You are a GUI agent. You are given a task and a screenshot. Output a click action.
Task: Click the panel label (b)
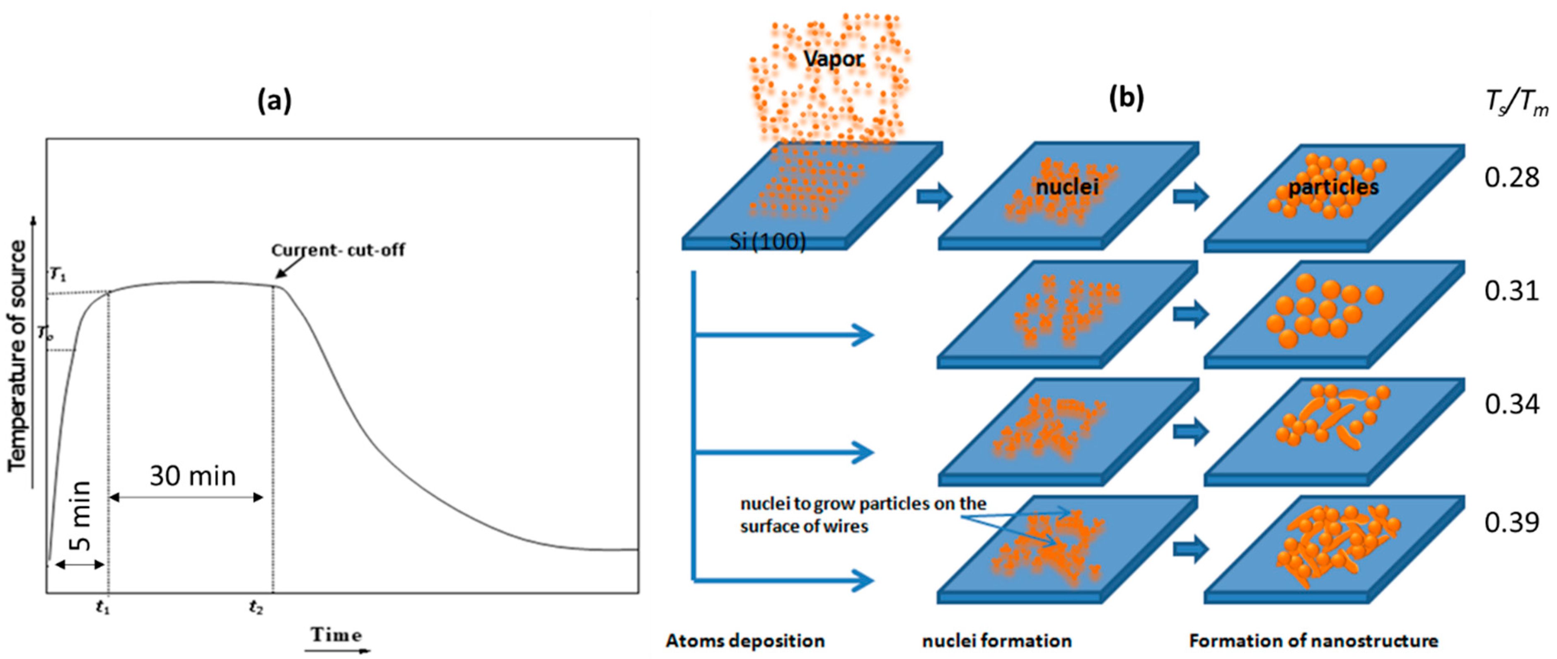(1126, 97)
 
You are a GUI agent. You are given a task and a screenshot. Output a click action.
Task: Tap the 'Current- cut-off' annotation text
(338, 250)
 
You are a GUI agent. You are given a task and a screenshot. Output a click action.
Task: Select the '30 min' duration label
(193, 476)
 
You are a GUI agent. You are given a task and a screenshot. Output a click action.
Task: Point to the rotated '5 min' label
(80, 516)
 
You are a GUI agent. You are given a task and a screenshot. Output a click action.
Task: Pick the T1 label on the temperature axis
(58, 275)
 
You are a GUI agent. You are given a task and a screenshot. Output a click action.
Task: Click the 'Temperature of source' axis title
(18, 356)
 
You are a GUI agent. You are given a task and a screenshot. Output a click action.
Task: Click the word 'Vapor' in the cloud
(834, 58)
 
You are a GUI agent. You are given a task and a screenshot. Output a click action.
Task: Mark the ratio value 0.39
(1512, 522)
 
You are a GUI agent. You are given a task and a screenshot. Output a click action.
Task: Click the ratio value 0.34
(1512, 404)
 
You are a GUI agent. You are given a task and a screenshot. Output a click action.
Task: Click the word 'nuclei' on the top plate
(1067, 187)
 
